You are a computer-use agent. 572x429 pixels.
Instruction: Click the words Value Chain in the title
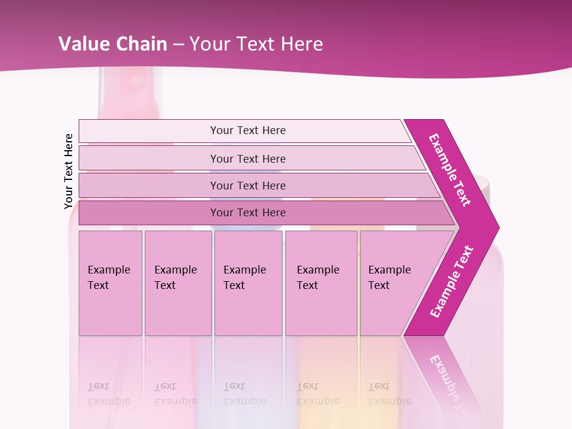coord(113,43)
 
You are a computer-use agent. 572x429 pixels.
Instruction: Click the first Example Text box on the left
coord(110,283)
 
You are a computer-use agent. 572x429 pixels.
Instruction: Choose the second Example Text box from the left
coord(178,283)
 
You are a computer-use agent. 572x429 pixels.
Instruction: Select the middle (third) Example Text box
coord(248,283)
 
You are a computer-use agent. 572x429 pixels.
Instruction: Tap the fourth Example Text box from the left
coord(321,283)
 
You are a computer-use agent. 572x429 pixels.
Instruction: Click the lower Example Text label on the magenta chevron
coord(451,282)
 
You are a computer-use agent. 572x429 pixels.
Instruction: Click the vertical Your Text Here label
coord(69,171)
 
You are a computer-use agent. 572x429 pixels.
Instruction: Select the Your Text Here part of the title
coord(256,43)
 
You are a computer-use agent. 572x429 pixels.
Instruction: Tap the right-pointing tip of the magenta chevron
coord(495,227)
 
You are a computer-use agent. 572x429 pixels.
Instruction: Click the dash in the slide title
coord(178,43)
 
